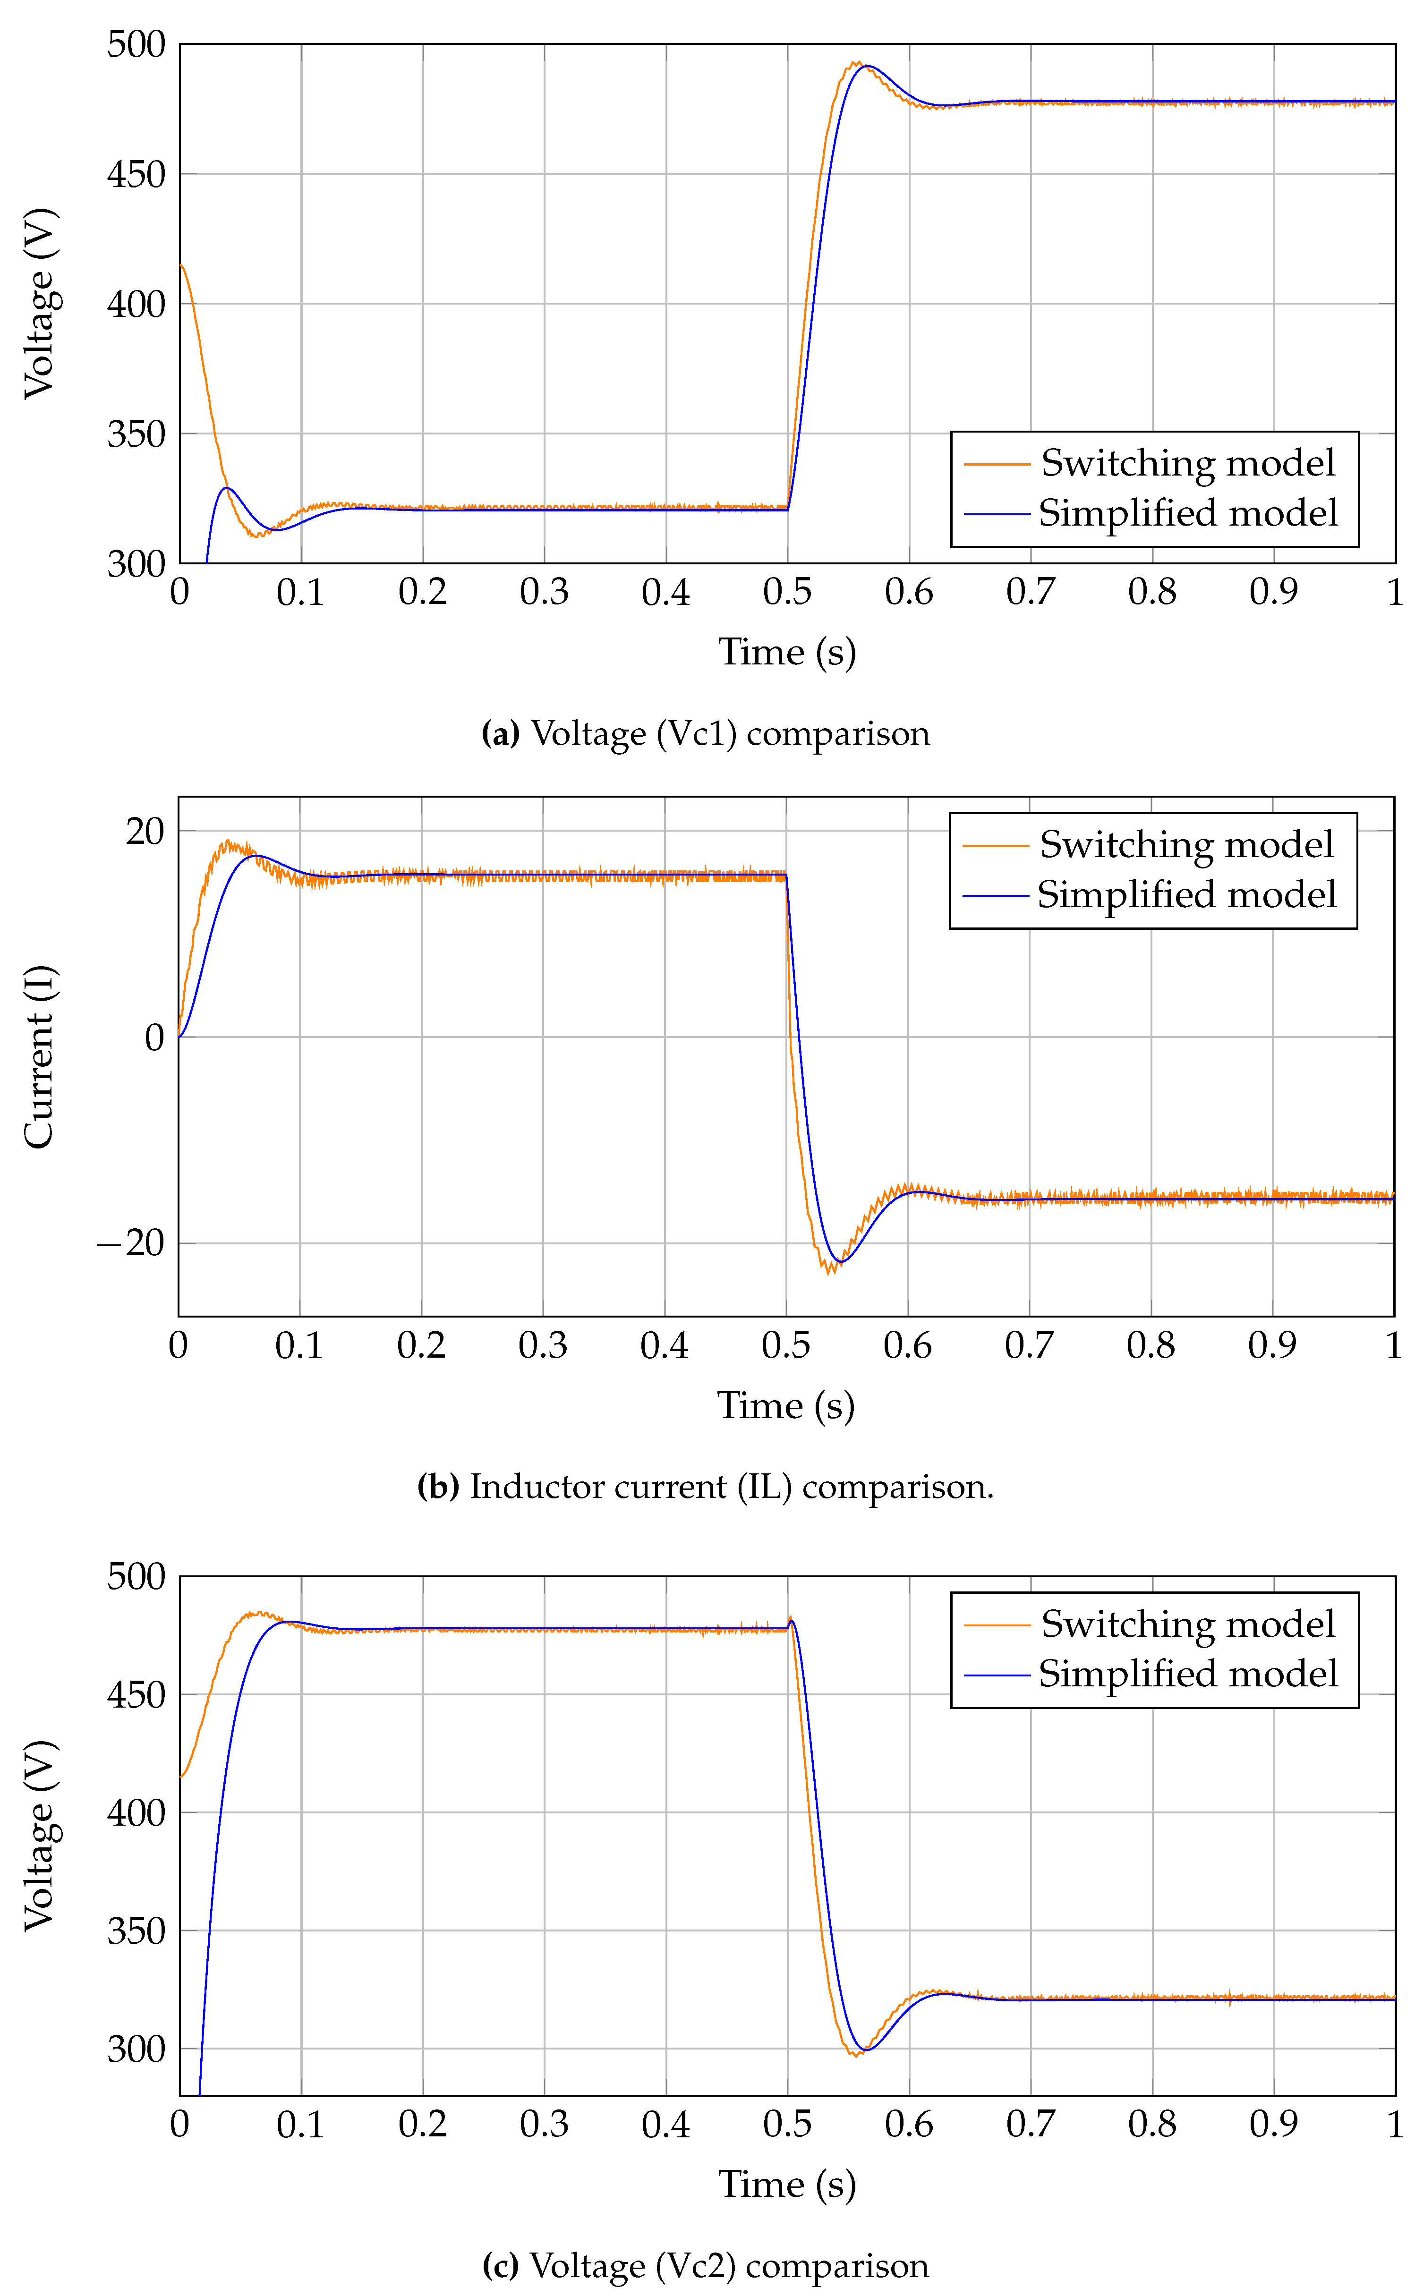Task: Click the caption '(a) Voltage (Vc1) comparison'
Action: pyautogui.click(x=706, y=733)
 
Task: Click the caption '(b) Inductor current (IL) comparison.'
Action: pyautogui.click(x=706, y=1487)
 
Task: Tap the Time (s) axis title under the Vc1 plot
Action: pyautogui.click(x=787, y=652)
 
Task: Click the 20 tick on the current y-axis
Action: pyautogui.click(x=145, y=831)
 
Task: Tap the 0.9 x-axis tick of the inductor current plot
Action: pyautogui.click(x=1272, y=1345)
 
